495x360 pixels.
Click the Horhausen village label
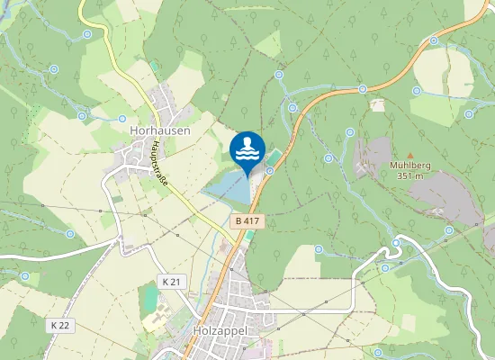(x=160, y=130)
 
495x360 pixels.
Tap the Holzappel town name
(x=220, y=331)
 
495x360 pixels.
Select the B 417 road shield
(x=247, y=220)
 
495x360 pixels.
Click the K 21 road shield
(x=171, y=282)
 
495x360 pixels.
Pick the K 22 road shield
(x=60, y=324)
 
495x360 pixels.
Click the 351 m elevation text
(x=410, y=175)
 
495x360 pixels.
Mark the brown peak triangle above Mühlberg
(x=410, y=155)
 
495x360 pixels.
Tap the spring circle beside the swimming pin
(x=269, y=170)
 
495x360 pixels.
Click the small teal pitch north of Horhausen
(x=155, y=67)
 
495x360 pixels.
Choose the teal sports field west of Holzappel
(x=148, y=296)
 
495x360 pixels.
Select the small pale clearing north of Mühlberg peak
(x=377, y=104)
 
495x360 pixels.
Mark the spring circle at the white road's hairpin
(x=396, y=243)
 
